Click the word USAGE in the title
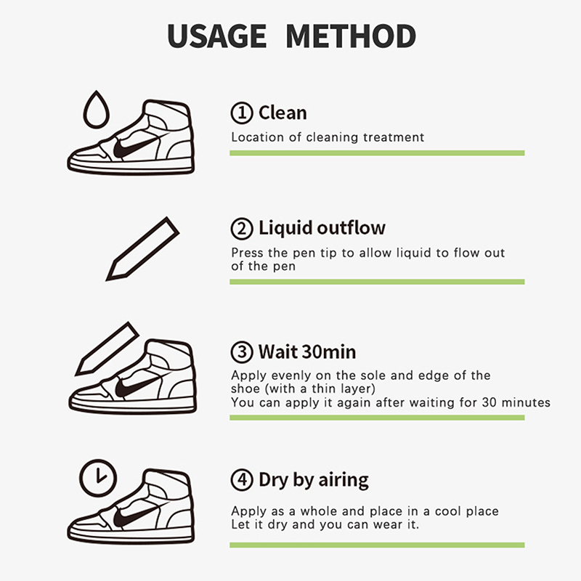(x=216, y=36)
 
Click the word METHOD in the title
(x=351, y=36)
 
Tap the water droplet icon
(x=97, y=110)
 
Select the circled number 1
(x=242, y=113)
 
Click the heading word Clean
(x=283, y=113)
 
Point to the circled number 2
(x=242, y=228)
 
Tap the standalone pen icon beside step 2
(x=142, y=249)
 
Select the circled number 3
(x=242, y=352)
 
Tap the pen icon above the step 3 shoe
(x=107, y=349)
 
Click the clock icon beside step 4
(x=98, y=478)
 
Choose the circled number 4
(x=242, y=480)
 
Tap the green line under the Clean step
(x=377, y=153)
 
